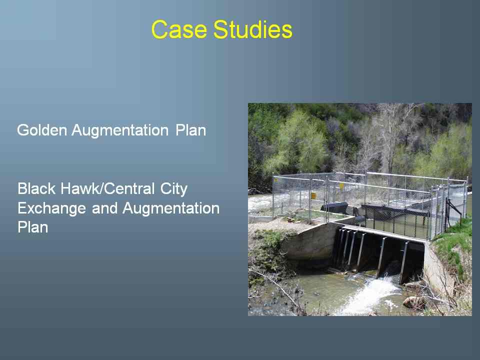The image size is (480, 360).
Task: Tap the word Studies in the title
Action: pyautogui.click(x=253, y=29)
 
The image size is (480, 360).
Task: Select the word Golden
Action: pyautogui.click(x=42, y=130)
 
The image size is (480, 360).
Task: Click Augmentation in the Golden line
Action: pyautogui.click(x=120, y=130)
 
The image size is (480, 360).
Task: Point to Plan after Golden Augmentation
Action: pyautogui.click(x=190, y=130)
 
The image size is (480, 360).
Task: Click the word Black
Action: pyautogui.click(x=36, y=188)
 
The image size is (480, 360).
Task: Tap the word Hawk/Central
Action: pyautogui.click(x=107, y=188)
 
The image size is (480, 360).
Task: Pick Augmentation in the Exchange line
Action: pyautogui.click(x=171, y=208)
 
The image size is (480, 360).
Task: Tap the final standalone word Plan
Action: pyautogui.click(x=33, y=227)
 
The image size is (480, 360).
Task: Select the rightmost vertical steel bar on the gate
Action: pyautogui.click(x=404, y=262)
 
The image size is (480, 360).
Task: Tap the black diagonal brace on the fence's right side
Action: pyautogui.click(x=454, y=209)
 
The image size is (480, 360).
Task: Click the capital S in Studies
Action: pyautogui.click(x=221, y=29)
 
